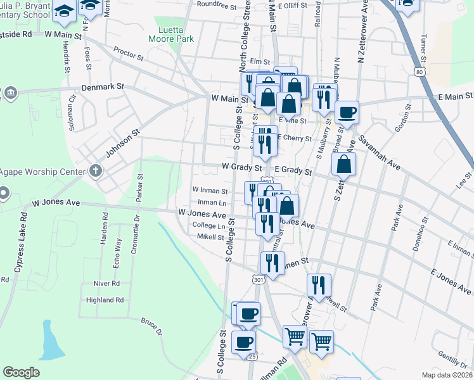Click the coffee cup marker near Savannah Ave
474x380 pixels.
pyautogui.click(x=347, y=113)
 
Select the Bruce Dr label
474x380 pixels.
pyautogui.click(x=151, y=326)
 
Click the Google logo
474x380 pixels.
pyautogui.click(x=22, y=372)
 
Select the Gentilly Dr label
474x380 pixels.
pyautogui.click(x=451, y=363)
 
